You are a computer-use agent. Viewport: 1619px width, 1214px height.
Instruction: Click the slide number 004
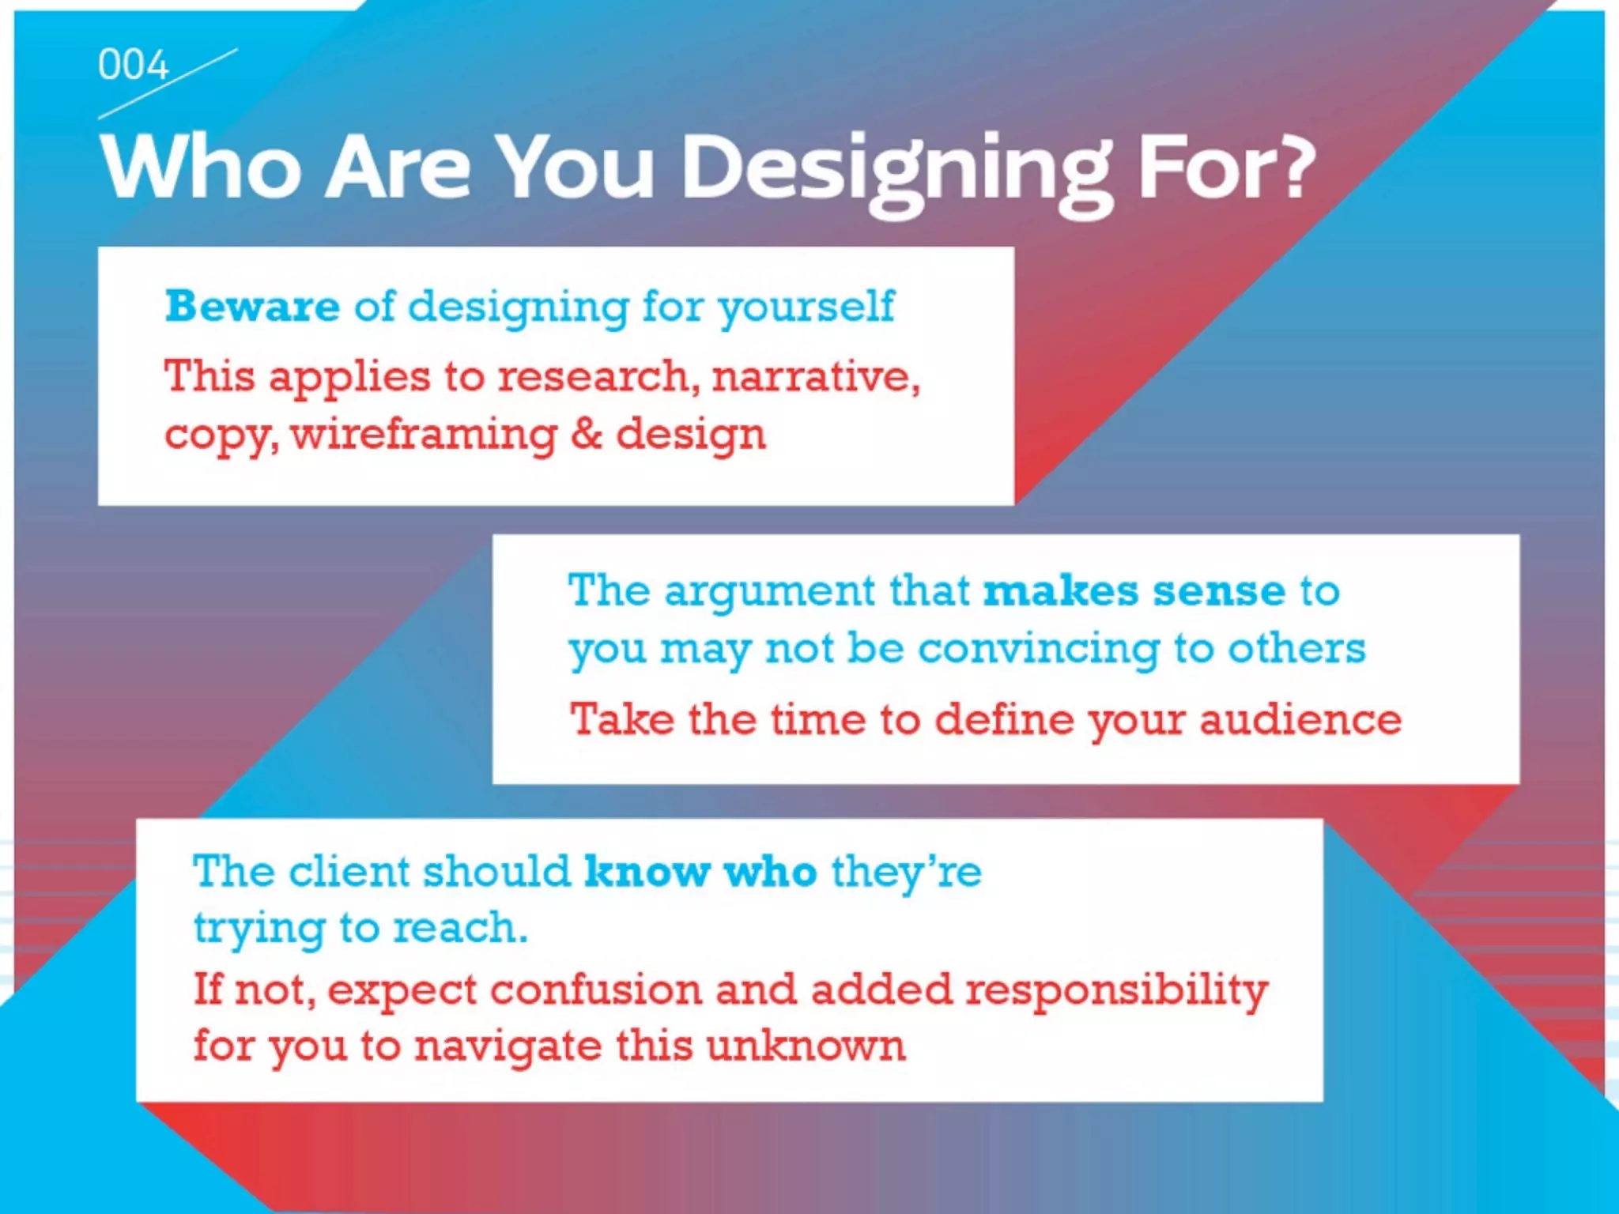coord(133,65)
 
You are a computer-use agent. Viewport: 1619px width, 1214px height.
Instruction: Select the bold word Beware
coord(252,307)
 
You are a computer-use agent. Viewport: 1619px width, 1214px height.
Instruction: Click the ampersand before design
coord(586,434)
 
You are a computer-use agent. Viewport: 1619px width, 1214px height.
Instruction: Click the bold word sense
coord(1218,591)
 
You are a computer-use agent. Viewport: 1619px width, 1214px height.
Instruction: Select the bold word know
coord(647,872)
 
